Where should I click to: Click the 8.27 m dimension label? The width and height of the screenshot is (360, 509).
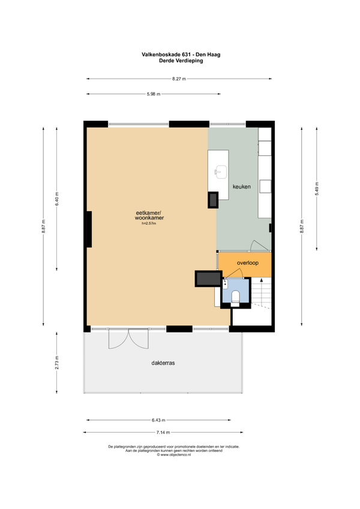click(x=179, y=79)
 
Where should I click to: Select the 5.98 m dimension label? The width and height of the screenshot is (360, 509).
click(x=154, y=94)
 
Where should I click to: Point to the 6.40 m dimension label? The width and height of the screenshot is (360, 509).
click(x=57, y=199)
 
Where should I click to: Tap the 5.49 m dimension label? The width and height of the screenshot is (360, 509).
click(x=317, y=188)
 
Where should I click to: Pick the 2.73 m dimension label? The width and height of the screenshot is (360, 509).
click(x=57, y=363)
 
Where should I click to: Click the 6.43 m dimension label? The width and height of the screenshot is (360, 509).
click(x=158, y=420)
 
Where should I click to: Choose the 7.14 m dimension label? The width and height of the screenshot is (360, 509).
click(x=163, y=432)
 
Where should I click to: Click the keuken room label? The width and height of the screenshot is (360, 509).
click(x=242, y=187)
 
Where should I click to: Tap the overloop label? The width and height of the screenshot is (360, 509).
click(x=248, y=263)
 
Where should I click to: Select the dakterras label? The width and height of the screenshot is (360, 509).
click(x=163, y=363)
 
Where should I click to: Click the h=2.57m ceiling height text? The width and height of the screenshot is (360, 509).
click(x=149, y=223)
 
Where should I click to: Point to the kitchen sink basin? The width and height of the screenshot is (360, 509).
click(x=221, y=171)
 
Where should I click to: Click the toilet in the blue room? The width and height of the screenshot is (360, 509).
click(x=235, y=297)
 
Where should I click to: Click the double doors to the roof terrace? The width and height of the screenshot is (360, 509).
click(x=128, y=339)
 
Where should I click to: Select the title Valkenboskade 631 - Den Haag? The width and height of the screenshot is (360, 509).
click(x=181, y=55)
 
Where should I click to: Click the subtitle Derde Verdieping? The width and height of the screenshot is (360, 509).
click(x=181, y=61)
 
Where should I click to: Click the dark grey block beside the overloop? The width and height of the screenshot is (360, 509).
click(x=208, y=279)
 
